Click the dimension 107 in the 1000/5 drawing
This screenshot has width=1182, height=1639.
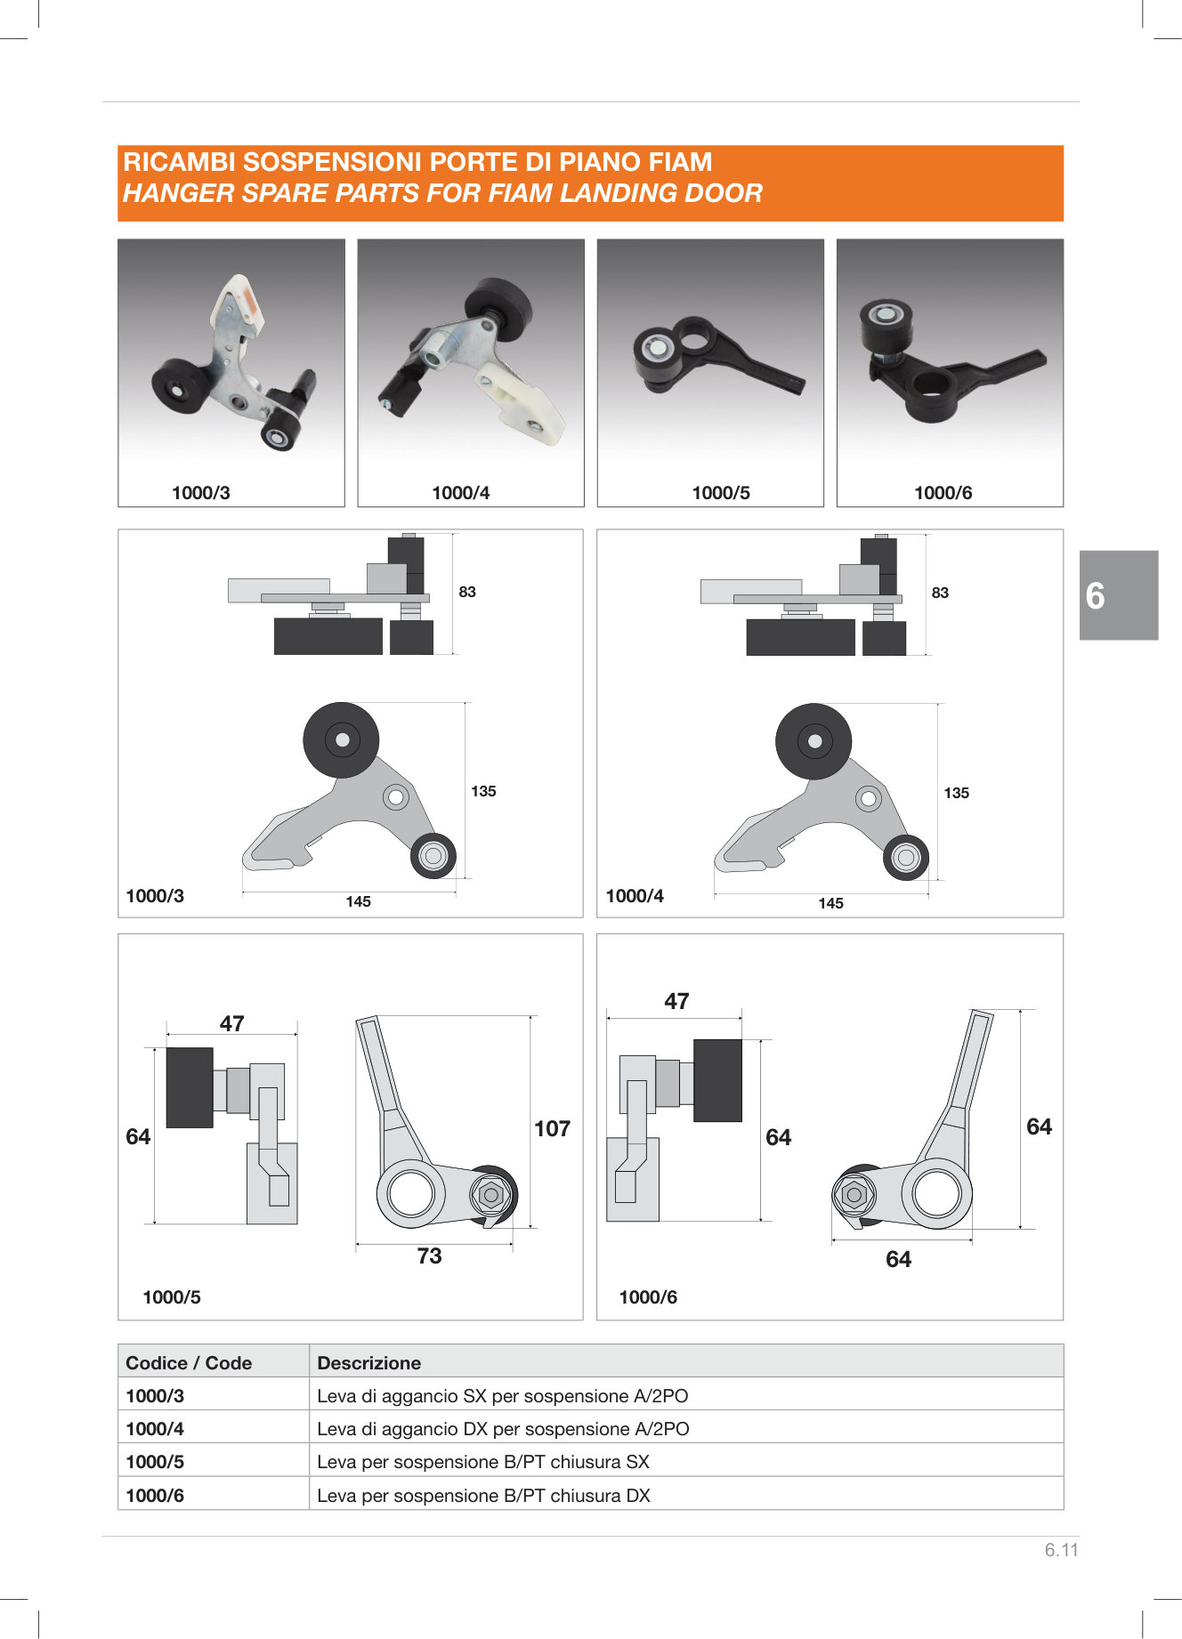click(x=552, y=1128)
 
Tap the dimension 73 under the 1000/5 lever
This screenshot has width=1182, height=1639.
click(x=429, y=1255)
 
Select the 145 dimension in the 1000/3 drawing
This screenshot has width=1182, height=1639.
click(x=358, y=901)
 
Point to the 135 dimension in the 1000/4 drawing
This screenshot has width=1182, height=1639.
click(x=956, y=793)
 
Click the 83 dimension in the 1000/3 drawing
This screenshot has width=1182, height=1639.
click(x=467, y=592)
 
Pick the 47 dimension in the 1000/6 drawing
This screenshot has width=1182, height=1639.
click(x=676, y=1001)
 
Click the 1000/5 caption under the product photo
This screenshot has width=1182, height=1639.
click(x=721, y=493)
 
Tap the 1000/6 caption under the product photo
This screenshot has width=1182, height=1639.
click(x=943, y=493)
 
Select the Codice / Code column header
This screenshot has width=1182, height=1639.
click(x=189, y=1363)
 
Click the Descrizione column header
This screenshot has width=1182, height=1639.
click(x=368, y=1363)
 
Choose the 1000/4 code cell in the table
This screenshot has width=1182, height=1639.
click(x=155, y=1429)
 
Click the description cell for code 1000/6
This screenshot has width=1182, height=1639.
click(x=483, y=1496)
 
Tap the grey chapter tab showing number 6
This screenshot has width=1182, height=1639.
click(x=1119, y=595)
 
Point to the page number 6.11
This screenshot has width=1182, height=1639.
click(x=1062, y=1550)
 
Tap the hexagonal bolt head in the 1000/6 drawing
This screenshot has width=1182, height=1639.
click(x=854, y=1194)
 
